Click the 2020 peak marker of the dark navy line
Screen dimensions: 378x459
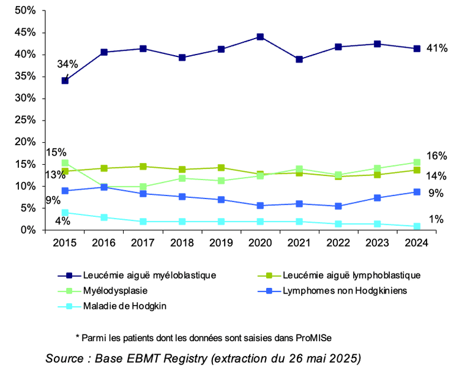click(x=260, y=37)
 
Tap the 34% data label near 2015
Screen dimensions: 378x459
click(x=67, y=64)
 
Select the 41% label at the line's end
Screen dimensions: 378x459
click(x=436, y=48)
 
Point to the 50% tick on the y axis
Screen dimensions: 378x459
click(x=25, y=11)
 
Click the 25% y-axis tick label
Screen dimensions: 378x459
click(x=25, y=120)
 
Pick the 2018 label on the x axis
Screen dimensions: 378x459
click(x=182, y=242)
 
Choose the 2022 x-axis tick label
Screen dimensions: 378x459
click(x=338, y=242)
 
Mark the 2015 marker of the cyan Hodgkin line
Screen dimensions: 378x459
click(x=64, y=213)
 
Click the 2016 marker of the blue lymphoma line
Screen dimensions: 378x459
click(x=103, y=187)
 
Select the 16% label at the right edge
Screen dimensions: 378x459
click(x=436, y=156)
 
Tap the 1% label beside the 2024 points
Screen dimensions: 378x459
click(x=436, y=219)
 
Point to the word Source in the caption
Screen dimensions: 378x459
click(x=64, y=358)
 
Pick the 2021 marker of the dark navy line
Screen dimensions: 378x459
click(x=299, y=59)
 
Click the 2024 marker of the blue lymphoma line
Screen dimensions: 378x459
click(x=417, y=192)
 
